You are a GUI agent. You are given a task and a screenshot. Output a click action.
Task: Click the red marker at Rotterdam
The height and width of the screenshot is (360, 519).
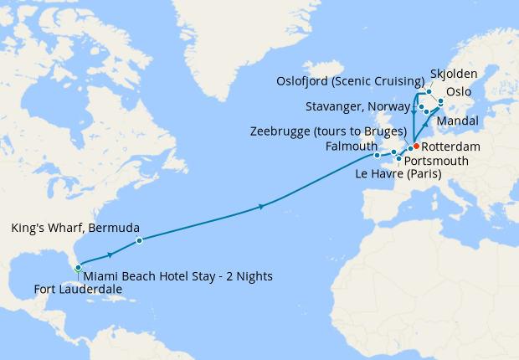click(416, 147)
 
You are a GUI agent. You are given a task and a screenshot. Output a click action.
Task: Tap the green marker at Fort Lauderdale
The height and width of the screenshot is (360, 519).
click(78, 268)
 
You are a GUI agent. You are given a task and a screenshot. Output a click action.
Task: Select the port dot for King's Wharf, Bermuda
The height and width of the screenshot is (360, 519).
click(139, 240)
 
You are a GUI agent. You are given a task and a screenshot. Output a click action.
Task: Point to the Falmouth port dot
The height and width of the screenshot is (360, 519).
click(377, 155)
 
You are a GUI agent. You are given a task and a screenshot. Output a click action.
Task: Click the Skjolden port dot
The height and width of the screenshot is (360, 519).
click(429, 91)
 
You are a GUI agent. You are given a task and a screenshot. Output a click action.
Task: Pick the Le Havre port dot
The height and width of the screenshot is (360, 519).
click(398, 158)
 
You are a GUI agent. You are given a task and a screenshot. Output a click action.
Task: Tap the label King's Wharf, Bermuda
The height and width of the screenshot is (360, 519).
click(75, 227)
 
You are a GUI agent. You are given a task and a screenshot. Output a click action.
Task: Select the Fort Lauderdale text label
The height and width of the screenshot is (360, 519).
click(78, 290)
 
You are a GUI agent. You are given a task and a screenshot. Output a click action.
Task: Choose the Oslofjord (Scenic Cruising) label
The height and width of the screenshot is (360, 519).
click(350, 80)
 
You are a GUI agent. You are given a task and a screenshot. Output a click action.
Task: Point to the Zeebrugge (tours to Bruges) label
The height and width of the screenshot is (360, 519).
click(328, 131)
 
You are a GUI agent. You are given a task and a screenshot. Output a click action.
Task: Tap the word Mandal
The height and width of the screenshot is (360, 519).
click(458, 121)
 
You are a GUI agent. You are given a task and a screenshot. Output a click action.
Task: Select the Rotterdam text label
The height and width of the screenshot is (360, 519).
click(451, 147)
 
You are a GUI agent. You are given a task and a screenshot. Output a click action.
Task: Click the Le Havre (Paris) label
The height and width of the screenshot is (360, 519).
click(398, 174)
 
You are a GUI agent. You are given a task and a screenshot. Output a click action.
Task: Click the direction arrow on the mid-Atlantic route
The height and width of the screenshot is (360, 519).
click(263, 206)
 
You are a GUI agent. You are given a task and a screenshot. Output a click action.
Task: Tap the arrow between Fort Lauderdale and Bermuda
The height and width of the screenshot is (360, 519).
click(110, 254)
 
